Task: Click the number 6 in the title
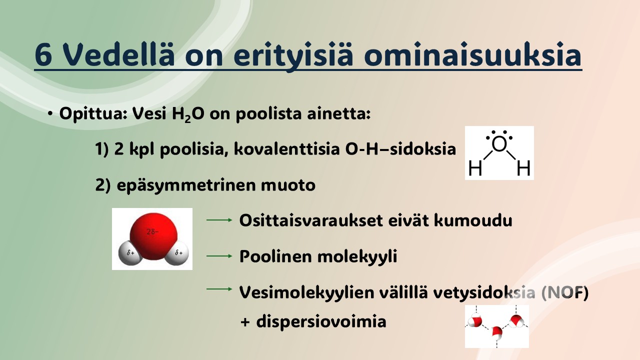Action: (x=43, y=55)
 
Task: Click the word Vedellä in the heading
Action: (x=118, y=54)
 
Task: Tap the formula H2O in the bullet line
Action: (x=188, y=114)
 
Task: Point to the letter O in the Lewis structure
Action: (x=499, y=144)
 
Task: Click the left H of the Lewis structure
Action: (x=475, y=167)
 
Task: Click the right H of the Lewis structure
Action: (x=523, y=167)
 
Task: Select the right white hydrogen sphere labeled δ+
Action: (x=177, y=253)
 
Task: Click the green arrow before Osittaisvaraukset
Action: (x=219, y=220)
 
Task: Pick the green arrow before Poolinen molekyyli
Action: (x=219, y=256)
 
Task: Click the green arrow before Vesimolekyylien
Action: (x=219, y=289)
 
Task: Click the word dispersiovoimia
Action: (x=321, y=321)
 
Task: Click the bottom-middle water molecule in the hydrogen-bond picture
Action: (x=497, y=333)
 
